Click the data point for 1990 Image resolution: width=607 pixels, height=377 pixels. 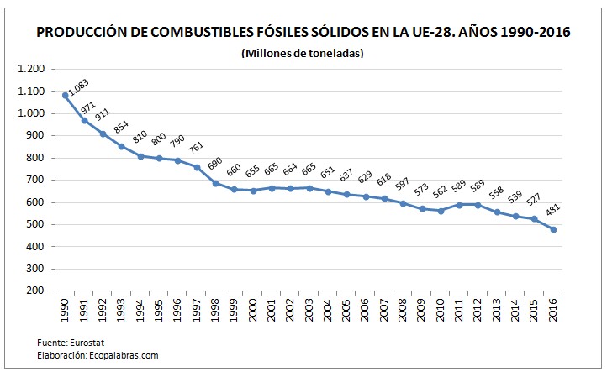(x=65, y=95)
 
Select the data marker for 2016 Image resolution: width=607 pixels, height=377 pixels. (x=553, y=229)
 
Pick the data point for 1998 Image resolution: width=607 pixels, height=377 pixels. (x=215, y=183)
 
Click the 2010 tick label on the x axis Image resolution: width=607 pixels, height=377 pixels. (x=441, y=312)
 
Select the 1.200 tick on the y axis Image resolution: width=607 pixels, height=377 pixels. (x=30, y=69)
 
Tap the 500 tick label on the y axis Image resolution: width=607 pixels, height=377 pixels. (x=35, y=224)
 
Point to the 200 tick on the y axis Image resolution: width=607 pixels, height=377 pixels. (x=35, y=291)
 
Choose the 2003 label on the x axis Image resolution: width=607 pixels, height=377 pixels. (x=309, y=312)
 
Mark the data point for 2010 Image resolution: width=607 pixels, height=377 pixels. (x=441, y=211)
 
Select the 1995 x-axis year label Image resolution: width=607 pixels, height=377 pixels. (x=159, y=312)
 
